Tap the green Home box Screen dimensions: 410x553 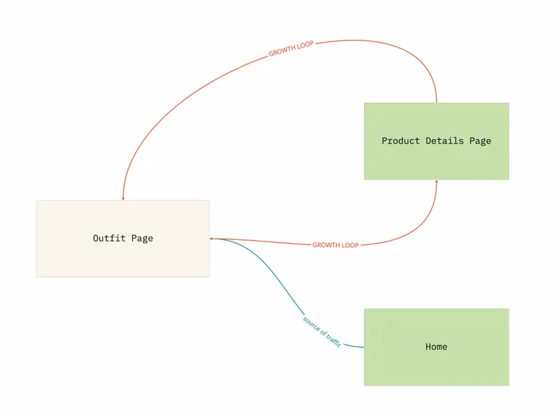coord(436,364)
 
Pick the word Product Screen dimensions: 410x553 coord(400,141)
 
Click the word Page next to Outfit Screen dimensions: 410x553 coord(141,239)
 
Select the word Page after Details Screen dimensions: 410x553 coord(480,141)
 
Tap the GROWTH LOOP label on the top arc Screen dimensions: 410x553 coord(290,49)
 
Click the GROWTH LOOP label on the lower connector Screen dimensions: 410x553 coord(335,246)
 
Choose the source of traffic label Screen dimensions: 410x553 coord(322,331)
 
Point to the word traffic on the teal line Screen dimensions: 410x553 coord(332,340)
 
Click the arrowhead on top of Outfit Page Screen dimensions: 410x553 coord(123,198)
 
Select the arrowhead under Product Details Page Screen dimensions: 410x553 coord(437,182)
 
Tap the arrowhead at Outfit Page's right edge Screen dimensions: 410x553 coord(211,239)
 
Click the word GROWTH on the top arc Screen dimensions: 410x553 coord(281,52)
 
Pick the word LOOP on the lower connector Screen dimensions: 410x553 coord(349,246)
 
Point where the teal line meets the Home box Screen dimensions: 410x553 coord(364,346)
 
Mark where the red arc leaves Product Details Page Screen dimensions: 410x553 coord(437,103)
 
